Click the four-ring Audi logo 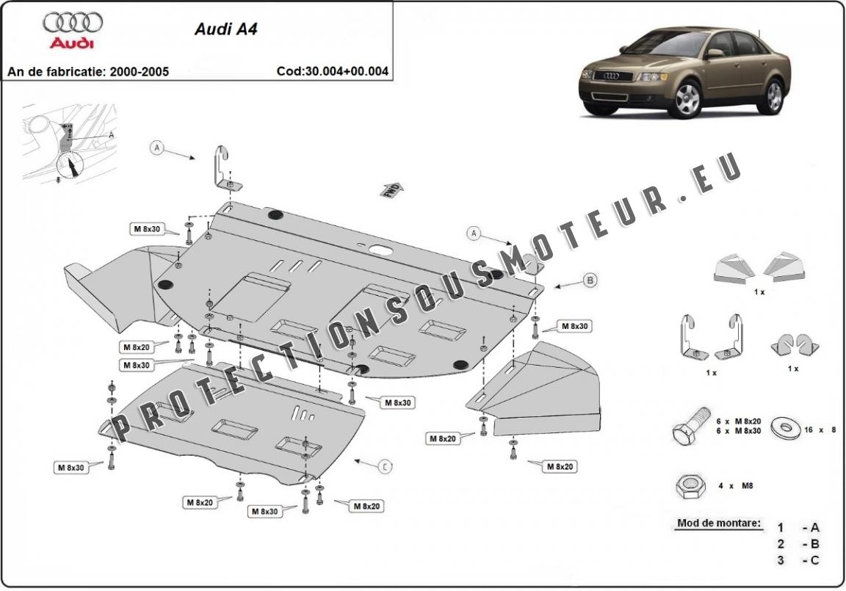click(x=73, y=22)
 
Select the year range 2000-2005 click(x=139, y=72)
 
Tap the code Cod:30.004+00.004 click(x=332, y=72)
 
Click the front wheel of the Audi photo click(x=688, y=100)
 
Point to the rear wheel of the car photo click(x=773, y=97)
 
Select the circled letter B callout click(x=589, y=279)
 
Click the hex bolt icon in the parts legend click(x=690, y=426)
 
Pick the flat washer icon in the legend click(x=785, y=427)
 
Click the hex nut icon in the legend click(x=690, y=485)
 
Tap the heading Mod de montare click(x=718, y=524)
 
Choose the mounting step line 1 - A click(x=798, y=527)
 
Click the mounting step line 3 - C click(x=798, y=561)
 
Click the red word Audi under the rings click(x=72, y=44)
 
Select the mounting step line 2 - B click(x=798, y=544)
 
